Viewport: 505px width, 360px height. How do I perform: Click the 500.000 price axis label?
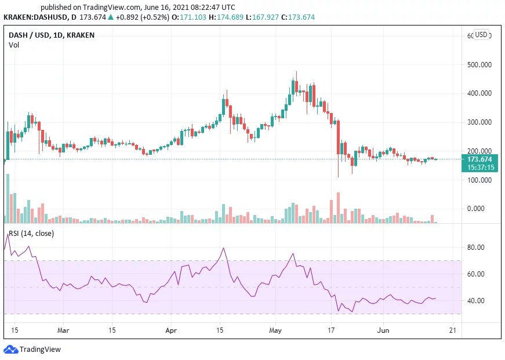click(x=479, y=64)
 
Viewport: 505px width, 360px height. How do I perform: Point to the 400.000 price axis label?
click(x=479, y=93)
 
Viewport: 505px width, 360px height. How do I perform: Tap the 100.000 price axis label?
click(x=479, y=180)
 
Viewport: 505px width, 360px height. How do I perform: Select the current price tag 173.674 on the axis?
click(x=479, y=159)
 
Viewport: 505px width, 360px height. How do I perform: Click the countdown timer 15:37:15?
click(x=479, y=167)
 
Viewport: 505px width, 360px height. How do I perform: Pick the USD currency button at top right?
click(x=481, y=35)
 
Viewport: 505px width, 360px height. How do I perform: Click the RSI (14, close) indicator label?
click(x=32, y=234)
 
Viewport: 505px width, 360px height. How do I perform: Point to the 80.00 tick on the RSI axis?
click(x=477, y=248)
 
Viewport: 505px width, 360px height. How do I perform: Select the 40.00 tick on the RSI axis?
click(x=477, y=301)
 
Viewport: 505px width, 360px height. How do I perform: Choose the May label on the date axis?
click(x=276, y=330)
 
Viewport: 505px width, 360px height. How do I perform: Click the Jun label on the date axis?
click(x=383, y=330)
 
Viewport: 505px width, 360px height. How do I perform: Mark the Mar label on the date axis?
click(x=64, y=330)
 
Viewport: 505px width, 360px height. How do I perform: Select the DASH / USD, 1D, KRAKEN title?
click(x=52, y=35)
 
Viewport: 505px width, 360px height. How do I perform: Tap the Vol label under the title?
click(x=13, y=45)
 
